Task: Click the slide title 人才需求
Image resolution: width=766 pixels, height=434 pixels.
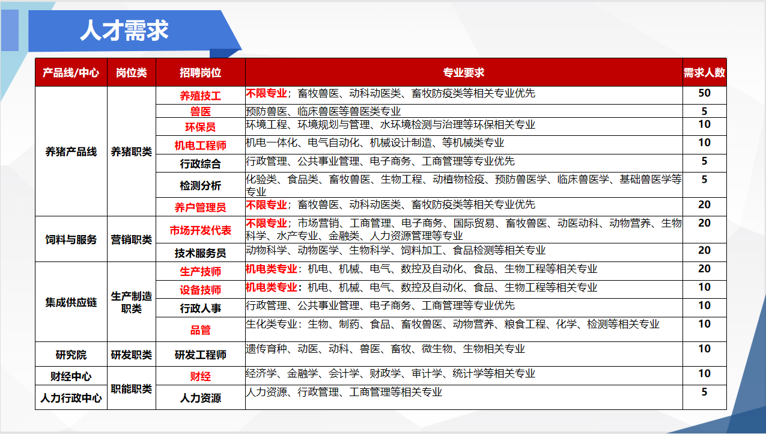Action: point(124,30)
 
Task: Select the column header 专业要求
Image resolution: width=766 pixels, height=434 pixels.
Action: point(464,73)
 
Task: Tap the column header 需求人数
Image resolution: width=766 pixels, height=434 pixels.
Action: point(704,73)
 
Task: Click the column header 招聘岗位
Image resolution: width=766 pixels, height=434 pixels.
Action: point(201,73)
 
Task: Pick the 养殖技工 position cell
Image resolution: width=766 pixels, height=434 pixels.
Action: point(201,96)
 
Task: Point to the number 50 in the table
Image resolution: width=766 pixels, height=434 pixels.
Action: point(705,93)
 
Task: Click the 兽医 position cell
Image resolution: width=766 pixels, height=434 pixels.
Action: point(201,111)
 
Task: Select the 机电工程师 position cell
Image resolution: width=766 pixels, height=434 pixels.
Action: point(201,145)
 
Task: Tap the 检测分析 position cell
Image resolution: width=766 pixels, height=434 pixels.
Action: point(201,186)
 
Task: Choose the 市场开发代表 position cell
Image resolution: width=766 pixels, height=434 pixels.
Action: point(201,230)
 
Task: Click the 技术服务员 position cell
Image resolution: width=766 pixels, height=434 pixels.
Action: point(201,253)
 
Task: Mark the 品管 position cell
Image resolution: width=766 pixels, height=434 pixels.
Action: point(201,330)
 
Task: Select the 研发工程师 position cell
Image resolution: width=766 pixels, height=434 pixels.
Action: point(201,355)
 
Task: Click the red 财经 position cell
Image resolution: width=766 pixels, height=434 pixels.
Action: point(201,376)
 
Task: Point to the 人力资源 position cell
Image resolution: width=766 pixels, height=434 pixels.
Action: point(201,398)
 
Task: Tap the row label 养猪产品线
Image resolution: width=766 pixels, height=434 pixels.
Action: point(71,151)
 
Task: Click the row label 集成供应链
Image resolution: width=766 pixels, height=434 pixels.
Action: point(71,302)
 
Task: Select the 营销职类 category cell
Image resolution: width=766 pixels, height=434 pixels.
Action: point(132,240)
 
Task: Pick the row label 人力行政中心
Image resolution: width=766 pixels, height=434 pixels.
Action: point(71,398)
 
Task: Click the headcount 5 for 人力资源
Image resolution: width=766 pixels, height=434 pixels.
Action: point(705,392)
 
